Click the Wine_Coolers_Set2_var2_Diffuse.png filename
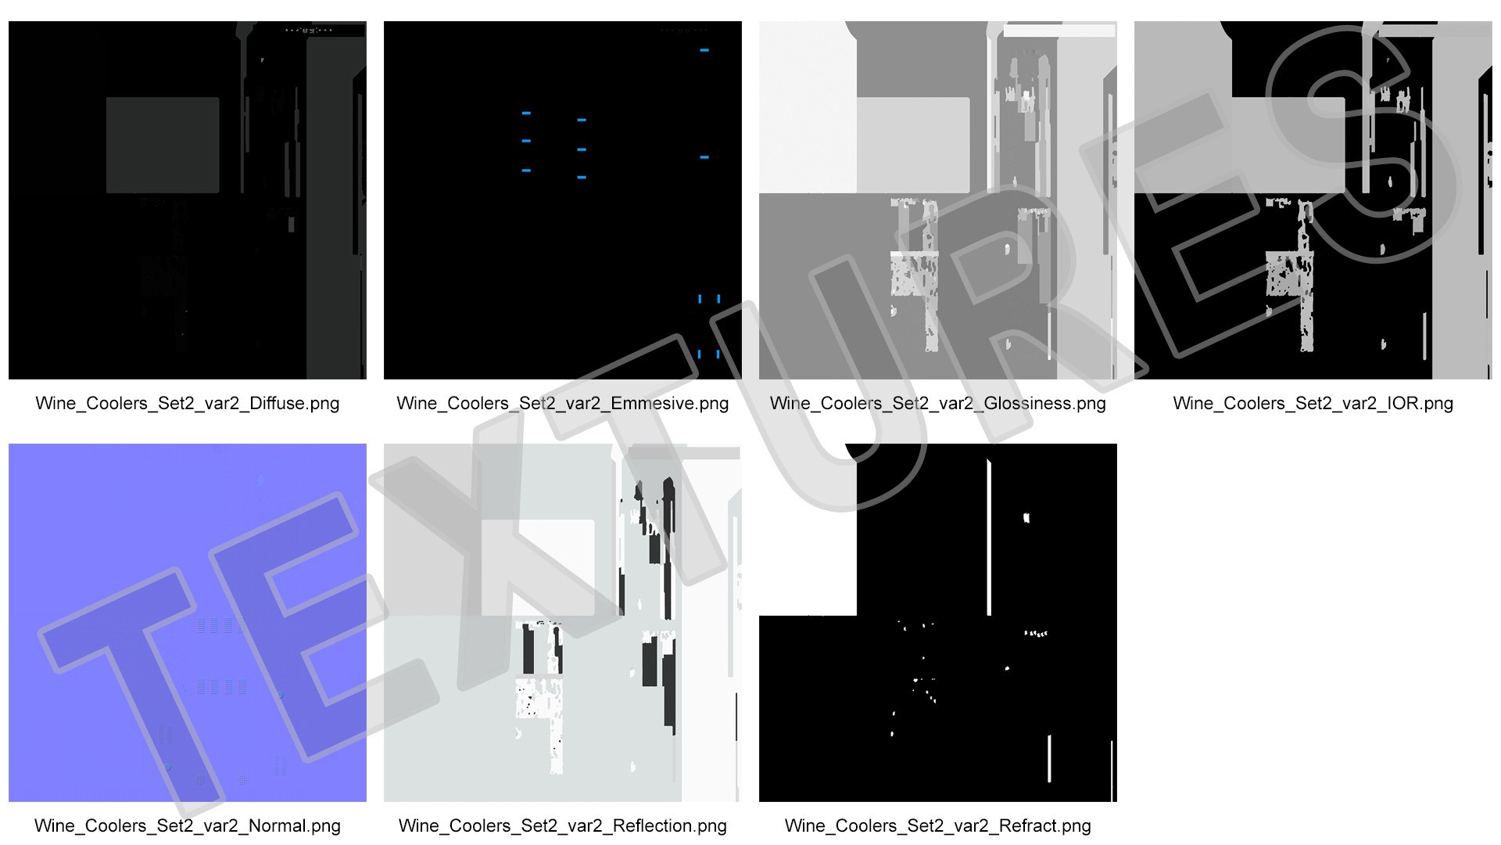[188, 404]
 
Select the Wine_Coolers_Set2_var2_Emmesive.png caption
[563, 404]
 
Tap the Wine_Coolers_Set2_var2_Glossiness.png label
[938, 404]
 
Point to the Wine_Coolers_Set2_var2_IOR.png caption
[1313, 404]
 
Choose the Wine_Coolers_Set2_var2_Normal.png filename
[188, 826]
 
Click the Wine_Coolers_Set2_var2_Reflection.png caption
[563, 826]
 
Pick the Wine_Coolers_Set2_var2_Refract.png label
[938, 826]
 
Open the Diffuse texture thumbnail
[188, 200]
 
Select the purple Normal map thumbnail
[188, 623]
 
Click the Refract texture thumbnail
[938, 623]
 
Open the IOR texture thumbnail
[1313, 200]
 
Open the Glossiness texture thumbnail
[938, 200]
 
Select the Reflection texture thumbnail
[563, 623]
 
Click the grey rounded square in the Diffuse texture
[163, 146]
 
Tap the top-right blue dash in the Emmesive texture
[704, 50]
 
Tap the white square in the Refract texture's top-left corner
[808, 530]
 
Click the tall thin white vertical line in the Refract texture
[989, 538]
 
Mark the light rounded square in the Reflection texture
[538, 568]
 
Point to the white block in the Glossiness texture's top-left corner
[808, 107]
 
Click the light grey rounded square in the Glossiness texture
[913, 146]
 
